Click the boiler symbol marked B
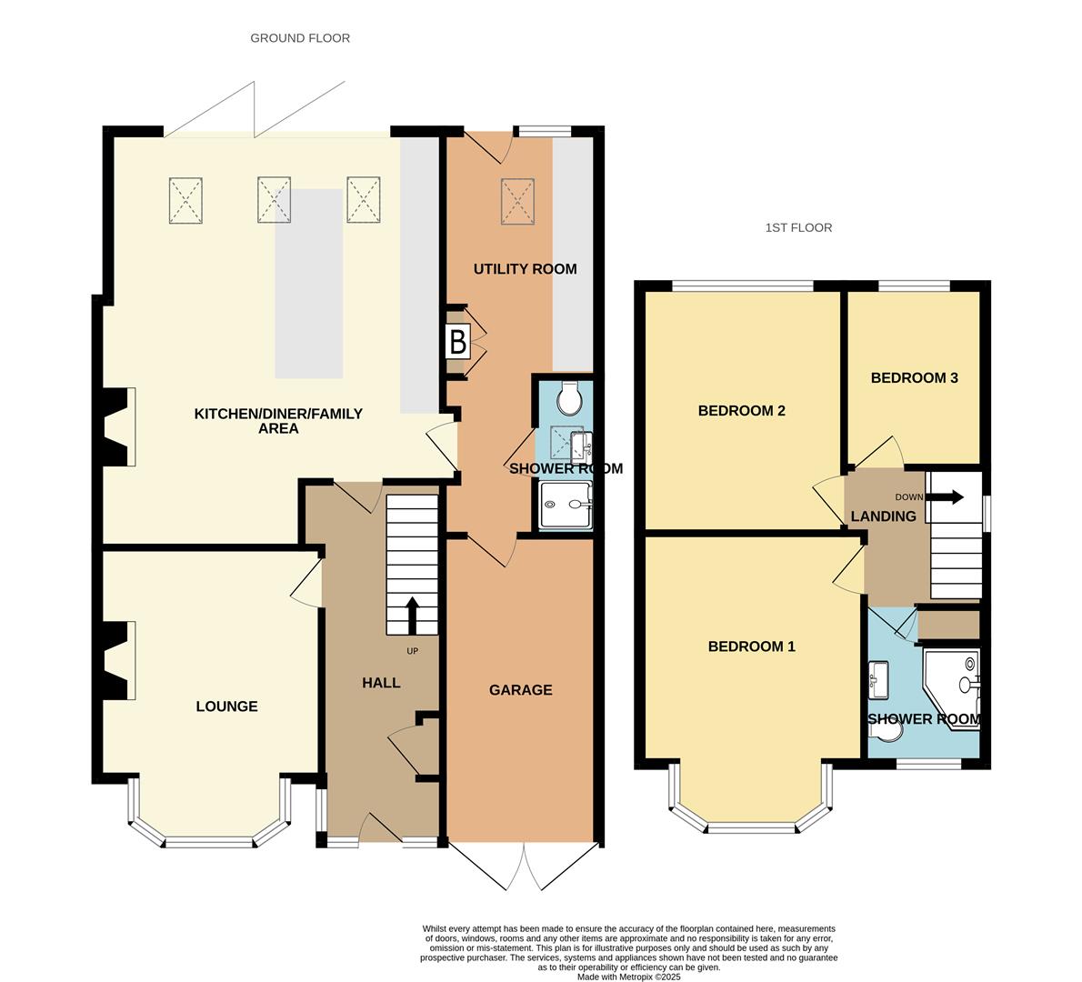(x=458, y=343)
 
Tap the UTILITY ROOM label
(x=525, y=269)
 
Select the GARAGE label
(x=520, y=690)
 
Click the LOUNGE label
(x=226, y=706)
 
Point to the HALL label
(x=381, y=683)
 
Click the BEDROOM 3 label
(x=914, y=378)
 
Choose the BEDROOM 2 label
(x=741, y=411)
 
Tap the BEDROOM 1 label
(x=751, y=646)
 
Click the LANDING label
(x=883, y=516)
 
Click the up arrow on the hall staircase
(x=411, y=616)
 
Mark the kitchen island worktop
(x=309, y=284)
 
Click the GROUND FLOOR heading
(x=300, y=38)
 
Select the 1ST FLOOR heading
(x=798, y=228)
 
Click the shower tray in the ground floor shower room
(x=566, y=505)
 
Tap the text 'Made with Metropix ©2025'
(x=628, y=977)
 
